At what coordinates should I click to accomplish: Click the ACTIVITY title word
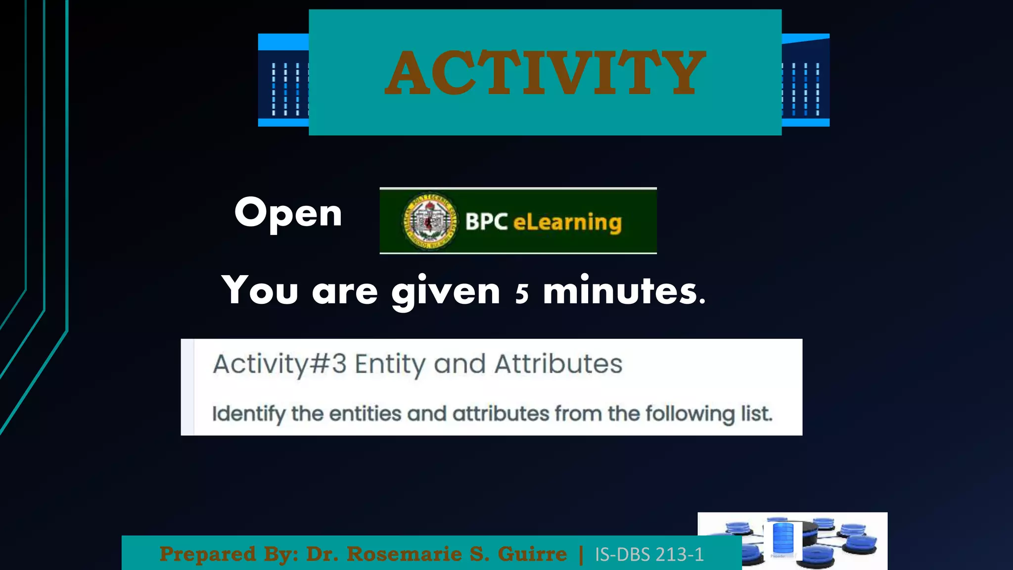point(545,73)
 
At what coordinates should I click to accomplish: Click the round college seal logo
point(429,221)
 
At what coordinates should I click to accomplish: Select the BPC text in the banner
point(486,222)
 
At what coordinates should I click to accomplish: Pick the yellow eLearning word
point(567,223)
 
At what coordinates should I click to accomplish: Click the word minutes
point(624,291)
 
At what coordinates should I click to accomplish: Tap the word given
point(446,292)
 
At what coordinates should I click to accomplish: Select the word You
point(260,290)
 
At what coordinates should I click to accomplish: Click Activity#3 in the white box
point(279,365)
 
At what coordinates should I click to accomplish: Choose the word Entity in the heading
point(390,365)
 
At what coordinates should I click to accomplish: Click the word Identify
point(248,414)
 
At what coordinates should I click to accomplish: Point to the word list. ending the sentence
point(756,413)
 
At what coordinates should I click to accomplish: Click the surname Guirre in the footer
point(532,554)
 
